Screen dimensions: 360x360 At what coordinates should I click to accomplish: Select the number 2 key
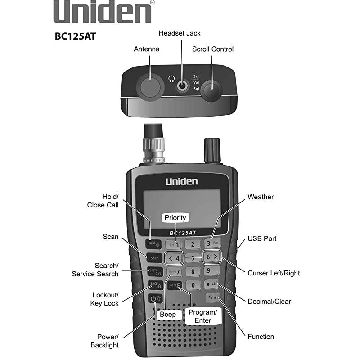click(193, 244)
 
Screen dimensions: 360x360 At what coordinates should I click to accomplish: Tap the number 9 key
click(211, 270)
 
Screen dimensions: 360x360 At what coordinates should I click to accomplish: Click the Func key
click(212, 297)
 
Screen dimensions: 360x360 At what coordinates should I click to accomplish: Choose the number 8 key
click(193, 271)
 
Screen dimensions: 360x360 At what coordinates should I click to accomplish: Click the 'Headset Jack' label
click(180, 33)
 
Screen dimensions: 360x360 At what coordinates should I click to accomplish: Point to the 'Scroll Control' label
click(213, 49)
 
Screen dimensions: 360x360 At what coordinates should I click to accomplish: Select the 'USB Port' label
click(262, 238)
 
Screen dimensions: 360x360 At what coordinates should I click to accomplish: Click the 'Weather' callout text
click(261, 197)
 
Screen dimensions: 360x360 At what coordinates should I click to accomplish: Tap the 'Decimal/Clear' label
click(269, 301)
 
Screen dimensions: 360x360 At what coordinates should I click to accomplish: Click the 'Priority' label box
click(175, 218)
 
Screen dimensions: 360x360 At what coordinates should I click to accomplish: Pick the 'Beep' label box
click(168, 314)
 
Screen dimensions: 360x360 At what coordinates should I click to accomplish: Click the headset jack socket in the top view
click(183, 85)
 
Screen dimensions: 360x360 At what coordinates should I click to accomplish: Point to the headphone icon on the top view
click(171, 79)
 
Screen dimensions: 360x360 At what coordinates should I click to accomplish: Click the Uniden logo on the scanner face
click(181, 181)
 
